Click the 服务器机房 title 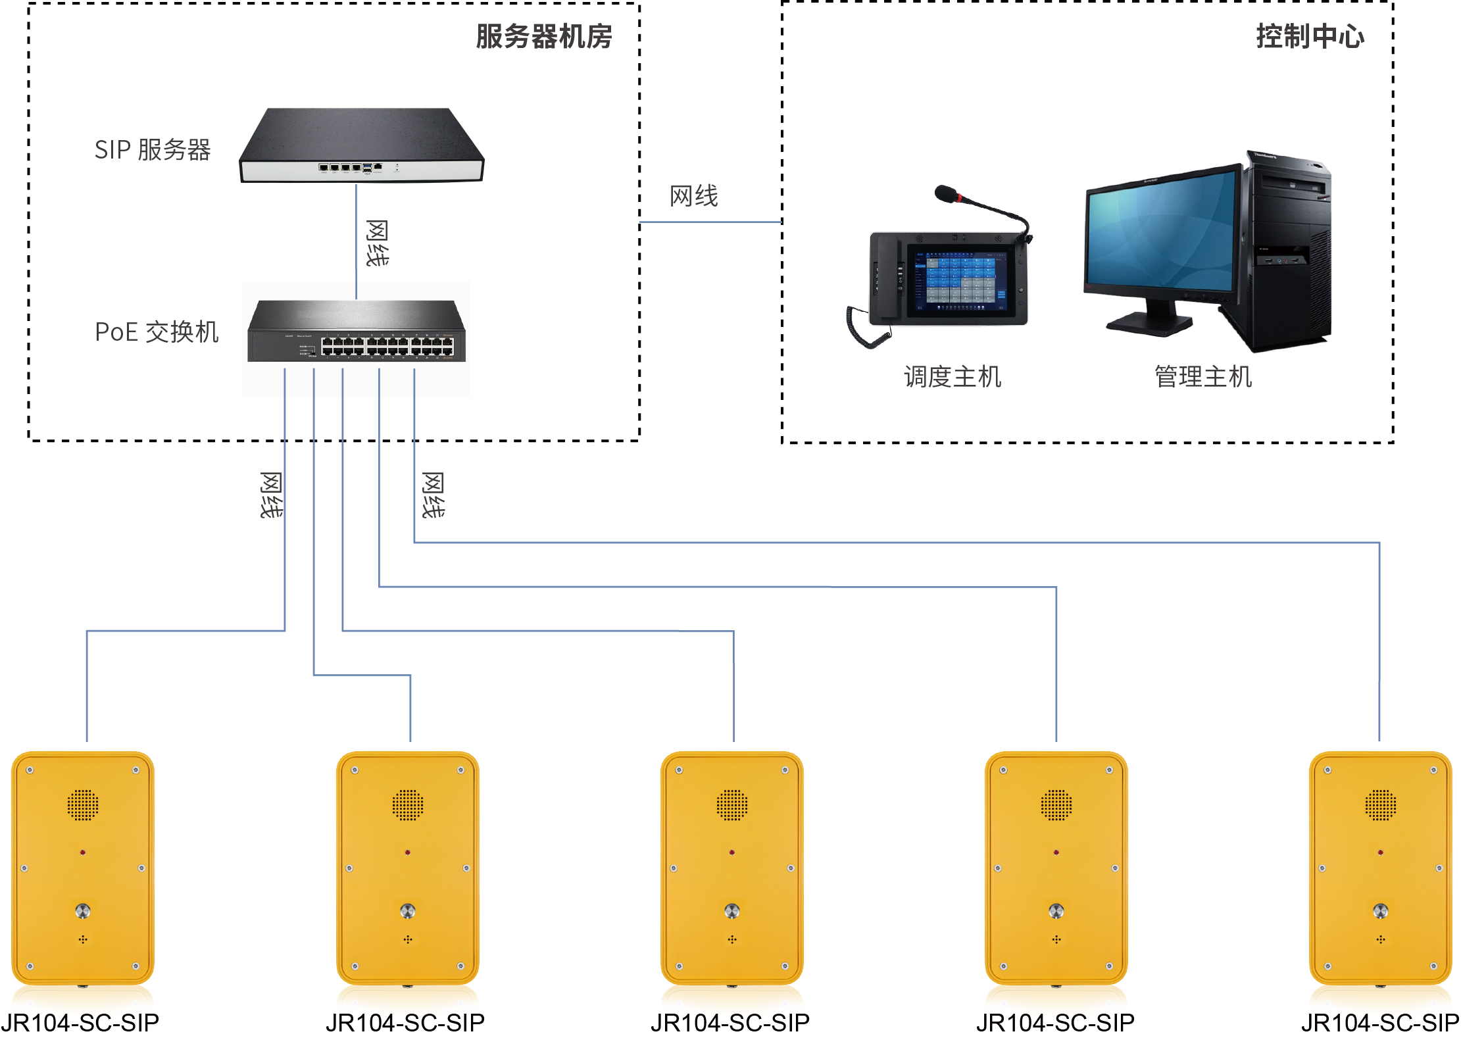tap(543, 36)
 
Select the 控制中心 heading tap(1309, 36)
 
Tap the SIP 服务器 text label tap(152, 150)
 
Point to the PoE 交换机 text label tap(157, 332)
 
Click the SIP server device tap(361, 145)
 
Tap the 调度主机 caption tap(952, 377)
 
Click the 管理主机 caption tap(1202, 377)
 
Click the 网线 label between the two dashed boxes tap(693, 196)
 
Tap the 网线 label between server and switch tap(377, 243)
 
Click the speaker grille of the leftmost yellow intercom tap(83, 805)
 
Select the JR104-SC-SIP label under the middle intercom tap(730, 1023)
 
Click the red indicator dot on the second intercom tap(408, 852)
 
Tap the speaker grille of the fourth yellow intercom tap(1056, 805)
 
